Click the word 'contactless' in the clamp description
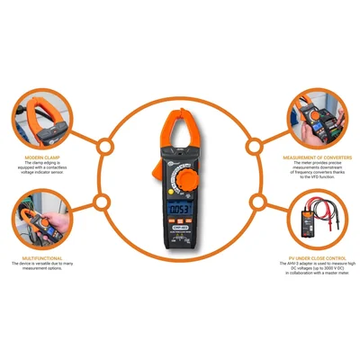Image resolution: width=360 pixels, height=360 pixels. pos(62,167)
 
